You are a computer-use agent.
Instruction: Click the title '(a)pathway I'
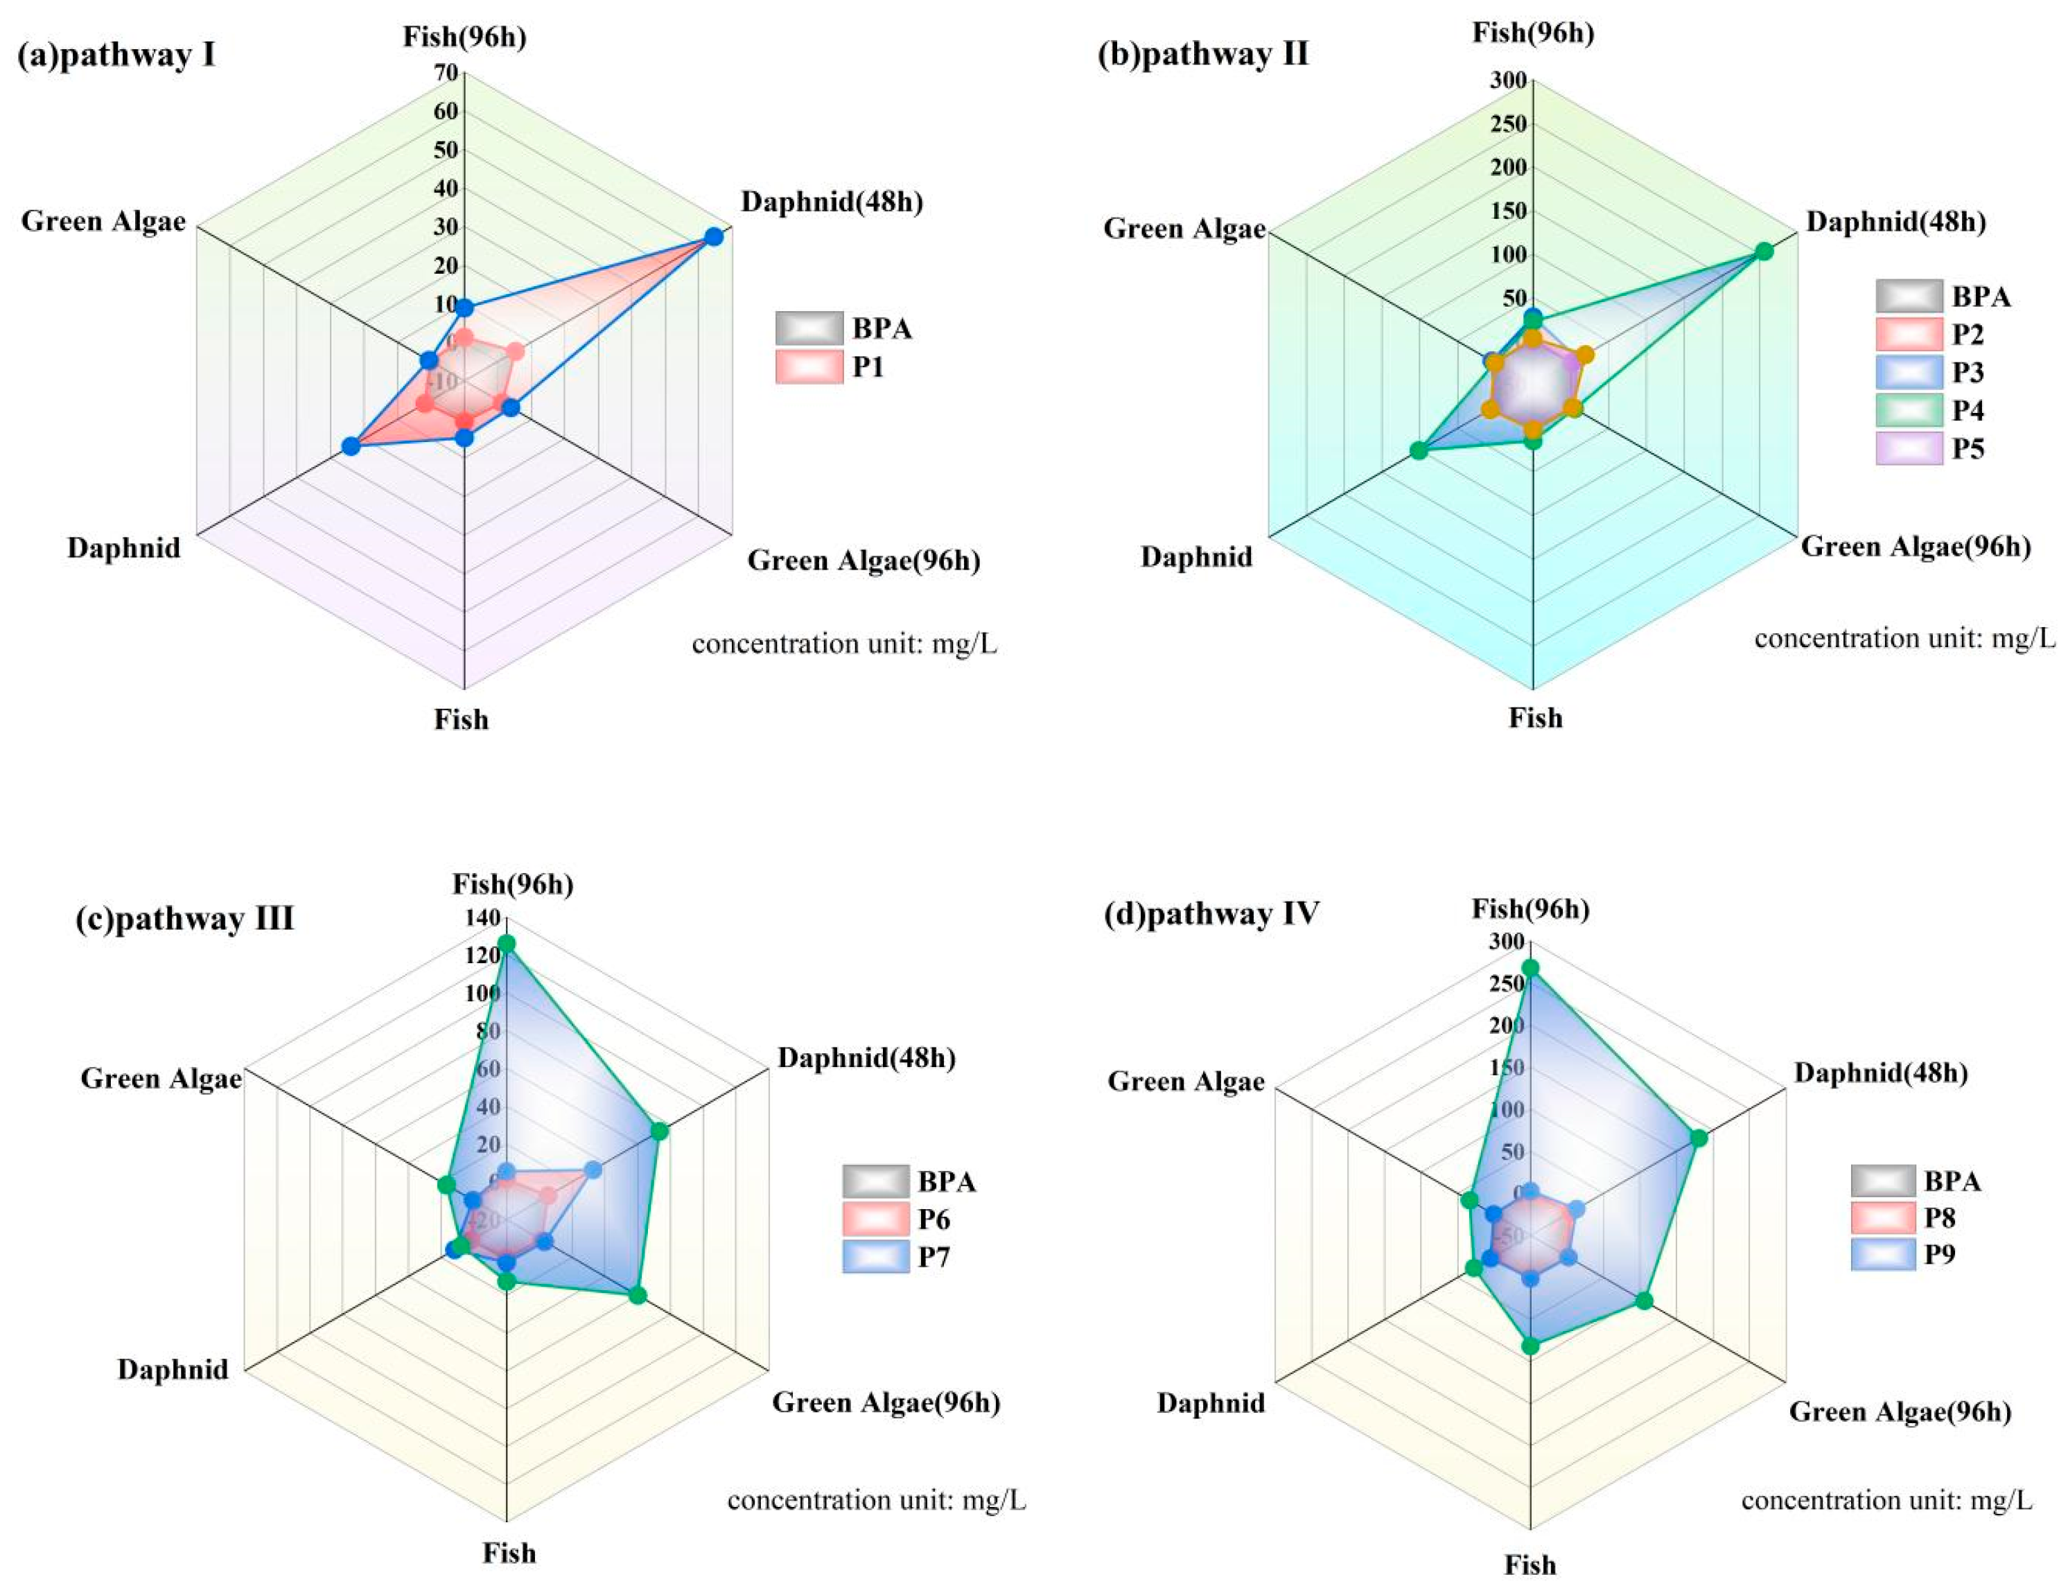coord(116,55)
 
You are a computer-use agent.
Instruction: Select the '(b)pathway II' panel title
coord(1202,54)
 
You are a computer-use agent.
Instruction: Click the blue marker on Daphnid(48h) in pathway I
coord(714,237)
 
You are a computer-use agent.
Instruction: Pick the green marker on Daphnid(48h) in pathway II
coord(1763,251)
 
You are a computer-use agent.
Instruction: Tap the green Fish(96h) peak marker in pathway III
coord(507,944)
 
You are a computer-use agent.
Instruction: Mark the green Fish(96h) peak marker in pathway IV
coord(1530,967)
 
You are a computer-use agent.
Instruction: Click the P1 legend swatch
coord(809,367)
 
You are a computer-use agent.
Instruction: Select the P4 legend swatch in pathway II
coord(1909,411)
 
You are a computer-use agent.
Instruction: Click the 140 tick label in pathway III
coord(483,917)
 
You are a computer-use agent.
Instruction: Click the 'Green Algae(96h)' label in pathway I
coord(864,561)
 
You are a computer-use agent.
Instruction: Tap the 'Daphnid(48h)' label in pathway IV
coord(1880,1073)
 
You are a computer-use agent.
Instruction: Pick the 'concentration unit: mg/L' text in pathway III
coord(876,1500)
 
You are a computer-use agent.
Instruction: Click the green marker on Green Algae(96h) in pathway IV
coord(1645,1301)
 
